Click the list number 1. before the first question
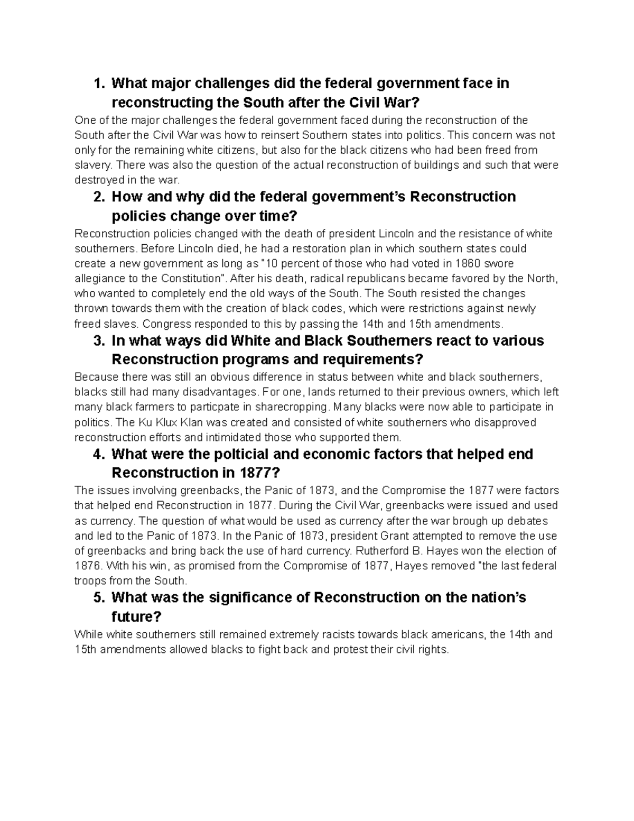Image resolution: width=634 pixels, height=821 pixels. coord(99,84)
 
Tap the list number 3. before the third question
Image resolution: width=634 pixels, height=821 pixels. coord(99,340)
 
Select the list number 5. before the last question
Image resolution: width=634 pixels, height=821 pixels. coord(99,597)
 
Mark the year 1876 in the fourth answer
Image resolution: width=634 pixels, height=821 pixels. coord(87,566)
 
